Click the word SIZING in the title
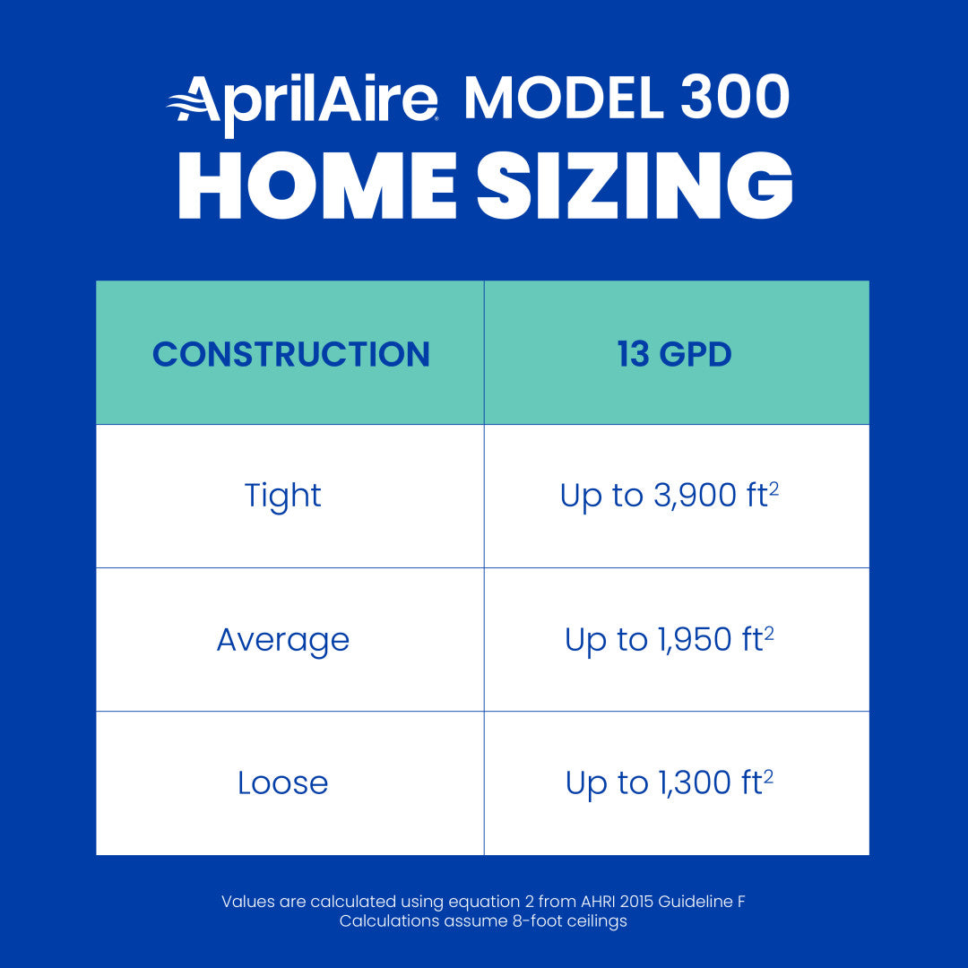[x=635, y=186]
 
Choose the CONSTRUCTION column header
[x=290, y=354]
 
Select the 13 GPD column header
[x=675, y=354]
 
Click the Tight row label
[x=282, y=496]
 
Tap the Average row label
[x=282, y=640]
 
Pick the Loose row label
[x=282, y=783]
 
